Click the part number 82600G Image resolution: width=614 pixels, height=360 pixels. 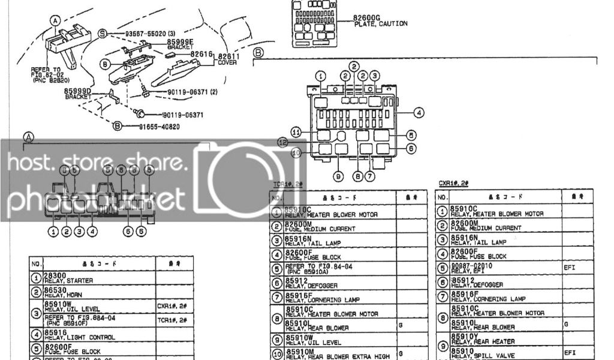pyautogui.click(x=367, y=18)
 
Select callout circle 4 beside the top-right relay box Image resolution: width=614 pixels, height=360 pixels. pyautogui.click(x=419, y=112)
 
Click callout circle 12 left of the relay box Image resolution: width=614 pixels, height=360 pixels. pyautogui.click(x=283, y=142)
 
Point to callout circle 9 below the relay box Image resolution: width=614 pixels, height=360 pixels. pyautogui.click(x=338, y=176)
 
